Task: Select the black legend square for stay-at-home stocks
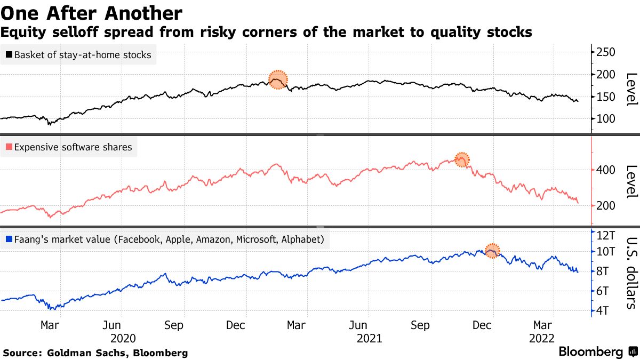9,54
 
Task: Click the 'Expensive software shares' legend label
73,147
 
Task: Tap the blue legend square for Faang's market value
9,239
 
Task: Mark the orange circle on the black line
277,79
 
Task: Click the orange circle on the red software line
462,159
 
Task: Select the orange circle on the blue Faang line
492,250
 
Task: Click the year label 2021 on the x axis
369,339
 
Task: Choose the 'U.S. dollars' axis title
630,273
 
